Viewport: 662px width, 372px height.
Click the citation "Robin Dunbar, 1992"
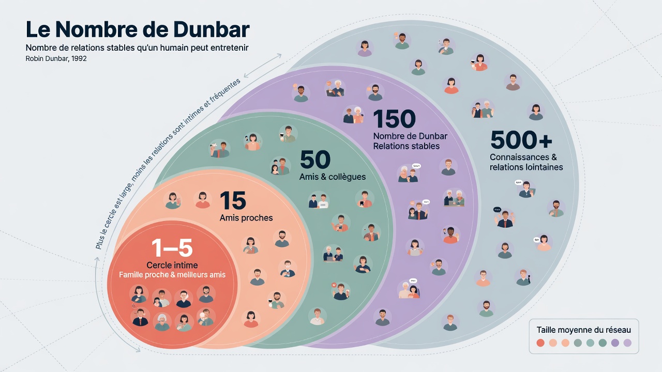point(56,59)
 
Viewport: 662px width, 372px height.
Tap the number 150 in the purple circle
point(394,119)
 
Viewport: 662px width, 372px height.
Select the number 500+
point(521,140)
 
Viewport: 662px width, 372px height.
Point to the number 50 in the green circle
point(315,160)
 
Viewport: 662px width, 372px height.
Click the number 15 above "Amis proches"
point(233,201)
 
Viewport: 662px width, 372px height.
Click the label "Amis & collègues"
point(333,177)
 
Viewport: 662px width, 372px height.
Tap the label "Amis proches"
point(246,218)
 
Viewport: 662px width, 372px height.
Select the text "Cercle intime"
point(172,265)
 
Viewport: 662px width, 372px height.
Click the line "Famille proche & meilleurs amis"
point(172,275)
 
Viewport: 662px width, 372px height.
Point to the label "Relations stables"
point(407,146)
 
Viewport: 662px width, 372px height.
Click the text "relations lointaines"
point(526,167)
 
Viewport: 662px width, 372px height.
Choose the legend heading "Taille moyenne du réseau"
point(584,330)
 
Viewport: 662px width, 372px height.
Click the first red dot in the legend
point(540,343)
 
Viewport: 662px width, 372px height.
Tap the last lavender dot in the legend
point(627,343)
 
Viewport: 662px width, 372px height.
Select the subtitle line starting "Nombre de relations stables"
point(138,48)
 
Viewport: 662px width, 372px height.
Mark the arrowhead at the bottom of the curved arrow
point(138,350)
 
